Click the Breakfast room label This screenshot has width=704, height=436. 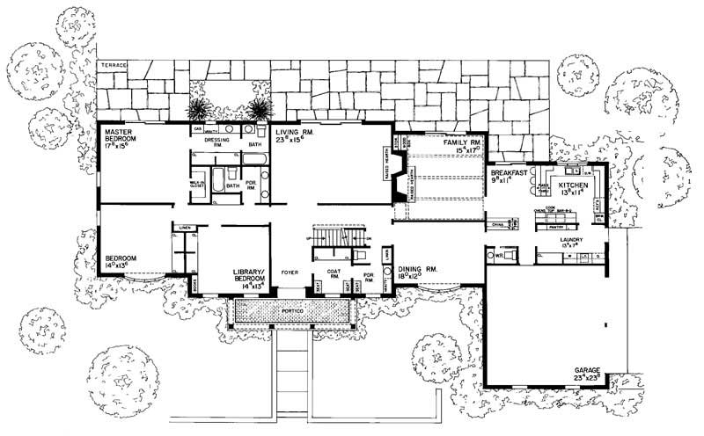click(510, 174)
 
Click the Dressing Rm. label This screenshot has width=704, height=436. click(216, 141)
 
